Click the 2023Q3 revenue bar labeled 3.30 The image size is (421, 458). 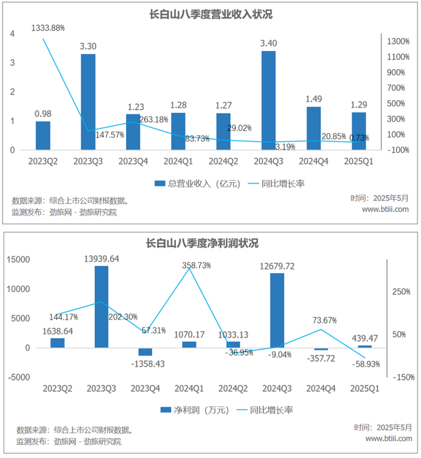pyautogui.click(x=88, y=102)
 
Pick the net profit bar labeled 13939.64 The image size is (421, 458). pyautogui.click(x=101, y=306)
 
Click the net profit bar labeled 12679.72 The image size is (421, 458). pyautogui.click(x=277, y=310)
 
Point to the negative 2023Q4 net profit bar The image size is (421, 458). pyautogui.click(x=145, y=352)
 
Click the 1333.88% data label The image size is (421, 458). pyautogui.click(x=48, y=28)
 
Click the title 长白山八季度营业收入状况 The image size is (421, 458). pyautogui.click(x=211, y=15)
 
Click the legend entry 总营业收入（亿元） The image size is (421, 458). pyautogui.click(x=197, y=184)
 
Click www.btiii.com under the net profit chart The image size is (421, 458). pyautogui.click(x=388, y=438)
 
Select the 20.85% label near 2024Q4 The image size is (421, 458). pyautogui.click(x=322, y=137)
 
